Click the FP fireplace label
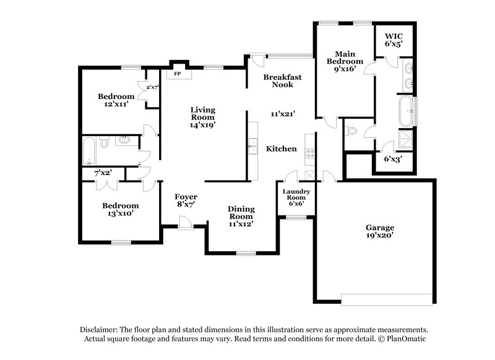[178, 73]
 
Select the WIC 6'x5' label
[394, 40]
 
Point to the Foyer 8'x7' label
[186, 200]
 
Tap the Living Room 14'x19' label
[202, 116]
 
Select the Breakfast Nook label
[282, 80]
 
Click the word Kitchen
[282, 148]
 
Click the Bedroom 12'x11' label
[116, 100]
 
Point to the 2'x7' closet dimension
[152, 87]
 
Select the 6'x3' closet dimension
[392, 159]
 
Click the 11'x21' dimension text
[282, 114]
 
